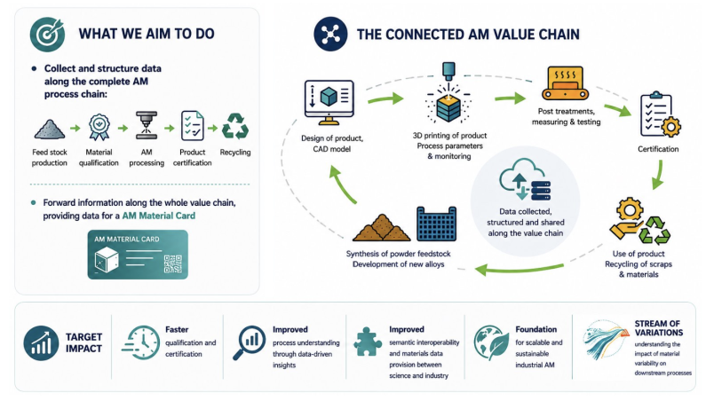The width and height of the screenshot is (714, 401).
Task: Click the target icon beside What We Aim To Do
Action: click(x=47, y=34)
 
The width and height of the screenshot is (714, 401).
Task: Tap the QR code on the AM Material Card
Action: click(x=172, y=263)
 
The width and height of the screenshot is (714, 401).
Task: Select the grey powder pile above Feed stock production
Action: click(x=50, y=130)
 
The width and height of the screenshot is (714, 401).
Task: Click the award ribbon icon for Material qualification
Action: click(x=99, y=127)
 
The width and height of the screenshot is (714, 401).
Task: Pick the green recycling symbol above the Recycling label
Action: click(x=235, y=126)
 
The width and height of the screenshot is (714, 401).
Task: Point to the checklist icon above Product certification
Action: click(x=192, y=126)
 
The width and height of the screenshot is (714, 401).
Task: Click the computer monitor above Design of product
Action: click(x=329, y=102)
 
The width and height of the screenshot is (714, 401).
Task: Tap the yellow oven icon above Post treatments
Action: click(x=565, y=83)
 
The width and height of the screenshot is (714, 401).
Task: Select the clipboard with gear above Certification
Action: click(x=660, y=114)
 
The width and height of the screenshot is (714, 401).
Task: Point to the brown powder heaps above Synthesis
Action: click(x=382, y=228)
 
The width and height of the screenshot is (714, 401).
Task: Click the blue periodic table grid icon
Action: click(x=436, y=224)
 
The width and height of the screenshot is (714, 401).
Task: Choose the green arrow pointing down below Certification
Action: click(x=658, y=175)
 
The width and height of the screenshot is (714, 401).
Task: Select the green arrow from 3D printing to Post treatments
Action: click(x=511, y=98)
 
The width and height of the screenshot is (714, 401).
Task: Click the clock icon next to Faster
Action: click(x=141, y=342)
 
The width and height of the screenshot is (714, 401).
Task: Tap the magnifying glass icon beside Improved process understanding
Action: click(x=249, y=342)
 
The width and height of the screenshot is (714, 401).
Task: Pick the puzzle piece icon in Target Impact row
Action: click(x=367, y=342)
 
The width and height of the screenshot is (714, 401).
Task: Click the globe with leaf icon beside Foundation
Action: click(x=491, y=342)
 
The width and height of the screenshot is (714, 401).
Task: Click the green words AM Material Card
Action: click(x=158, y=216)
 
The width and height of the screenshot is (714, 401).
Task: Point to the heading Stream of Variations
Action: click(x=658, y=327)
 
